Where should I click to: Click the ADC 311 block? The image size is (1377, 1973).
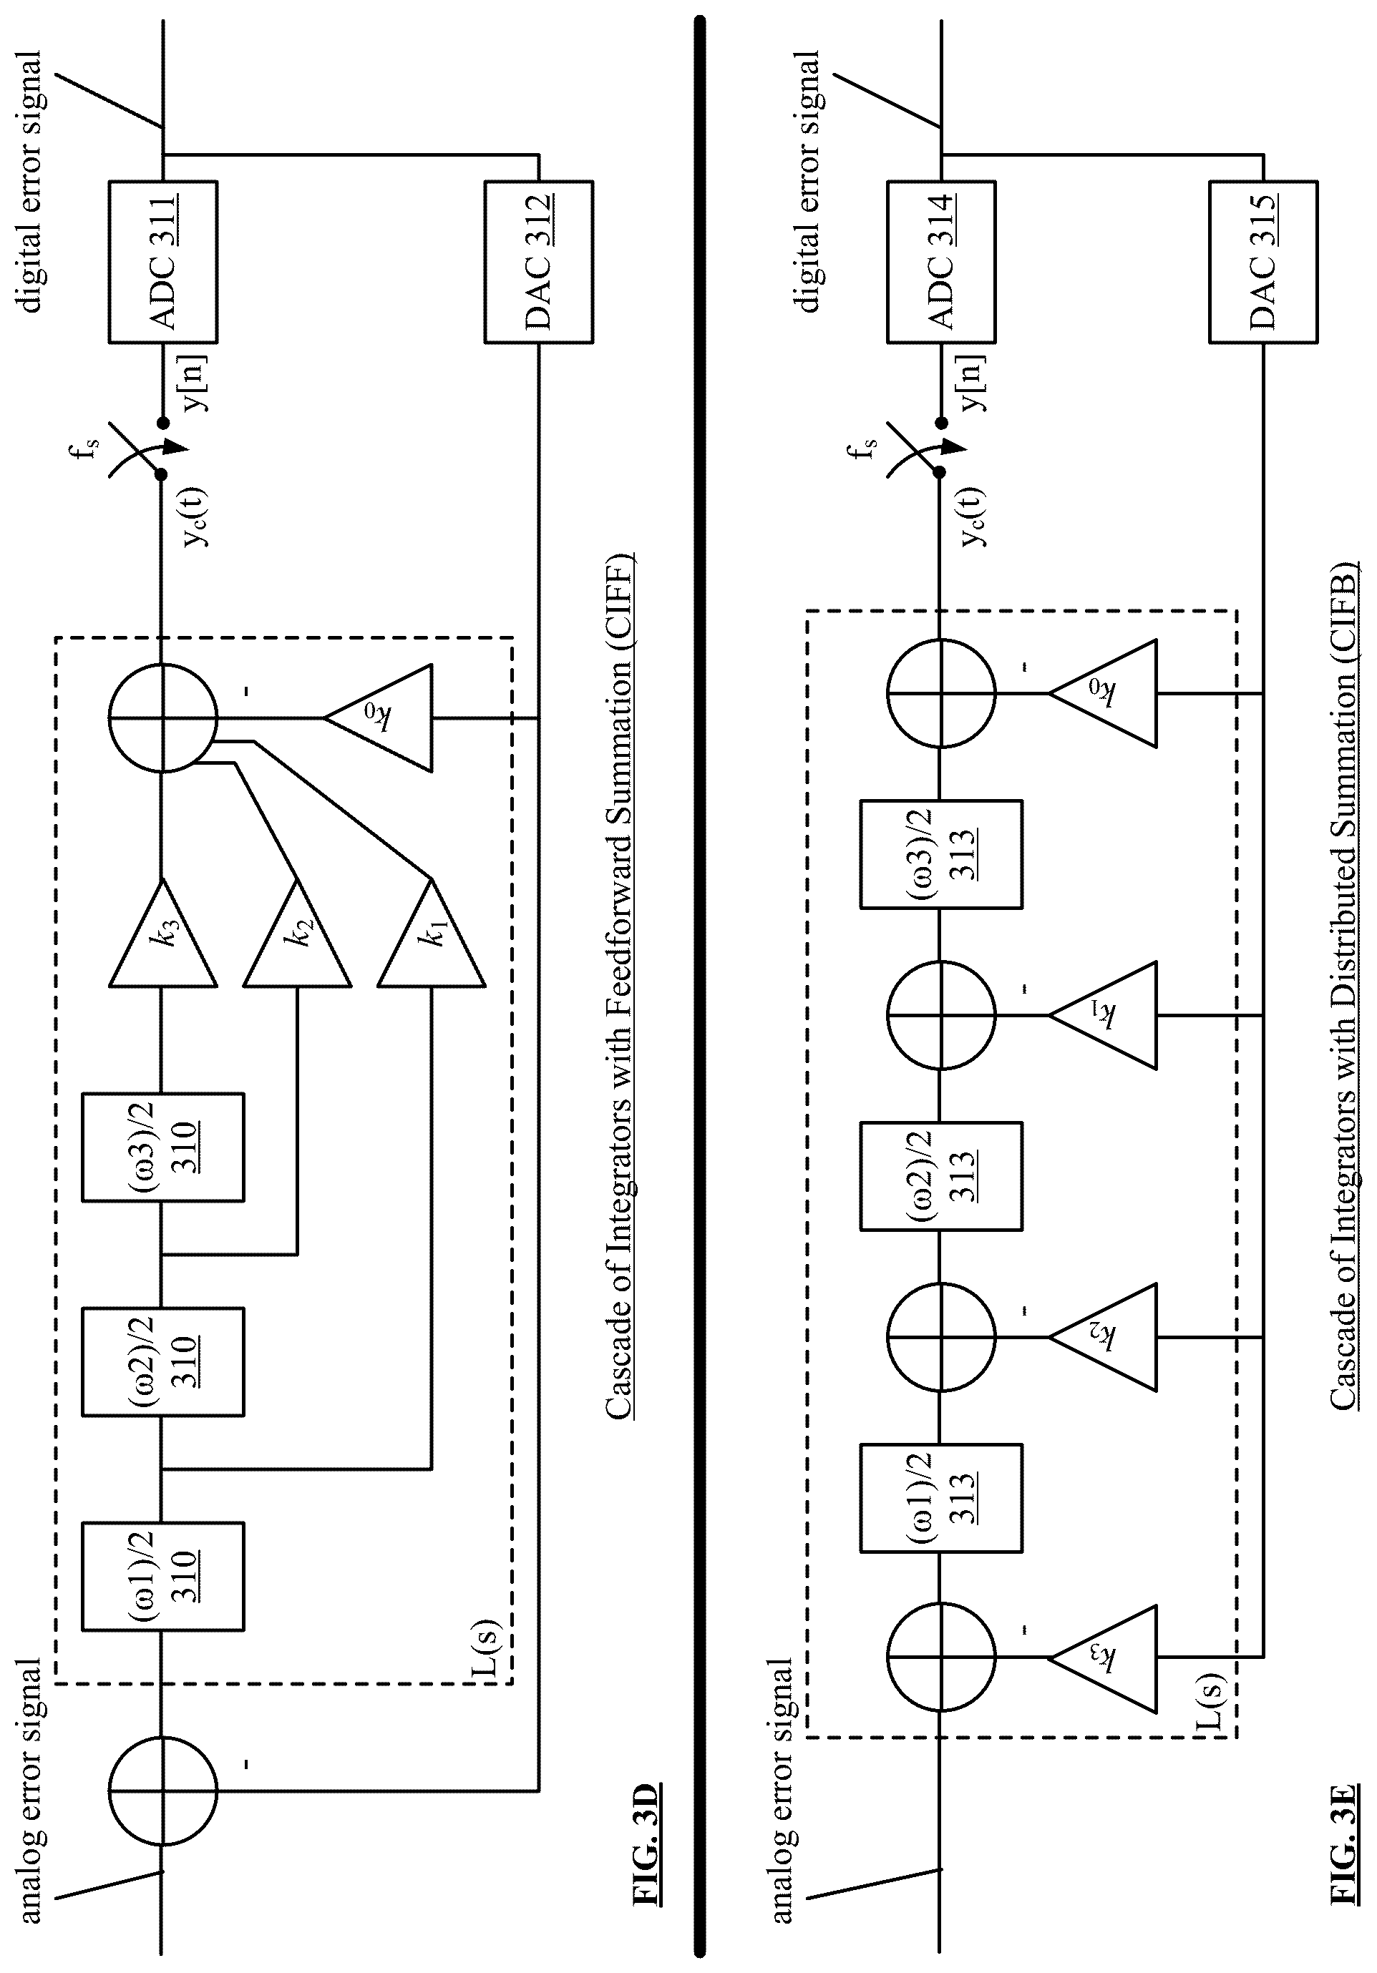click(162, 262)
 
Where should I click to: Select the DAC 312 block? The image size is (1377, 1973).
click(539, 262)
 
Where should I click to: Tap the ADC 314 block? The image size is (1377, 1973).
click(941, 262)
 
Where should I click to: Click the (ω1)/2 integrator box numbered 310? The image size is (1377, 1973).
click(163, 1577)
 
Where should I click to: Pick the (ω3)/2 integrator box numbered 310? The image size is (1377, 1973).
click(163, 1147)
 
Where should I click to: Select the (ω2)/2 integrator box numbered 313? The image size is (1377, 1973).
click(941, 1175)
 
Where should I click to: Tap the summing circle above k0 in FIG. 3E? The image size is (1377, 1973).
click(941, 692)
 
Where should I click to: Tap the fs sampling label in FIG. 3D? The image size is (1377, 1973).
click(90, 447)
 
